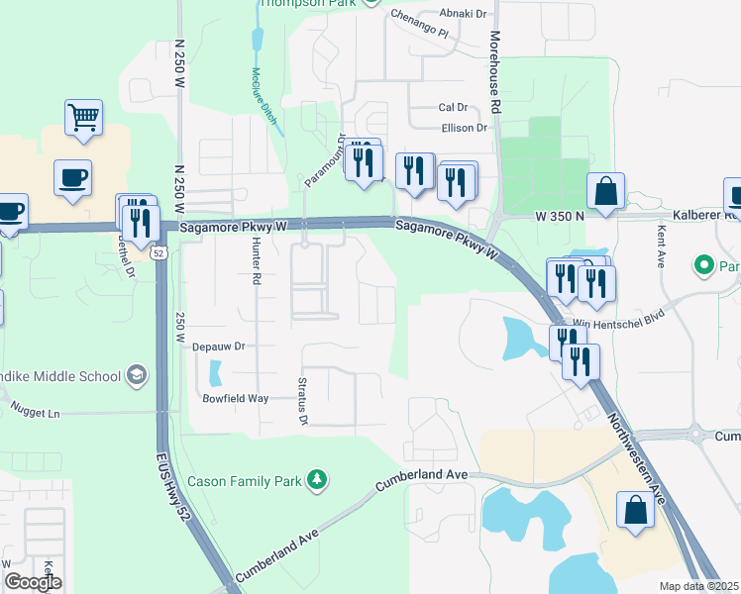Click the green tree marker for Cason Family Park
(317, 480)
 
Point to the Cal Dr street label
(453, 108)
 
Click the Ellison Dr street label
(465, 128)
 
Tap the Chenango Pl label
(420, 25)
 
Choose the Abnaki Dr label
(468, 14)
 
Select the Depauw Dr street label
(218, 346)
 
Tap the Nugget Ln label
(36, 408)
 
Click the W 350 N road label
(561, 215)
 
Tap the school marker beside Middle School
(136, 375)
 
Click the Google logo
(33, 582)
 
